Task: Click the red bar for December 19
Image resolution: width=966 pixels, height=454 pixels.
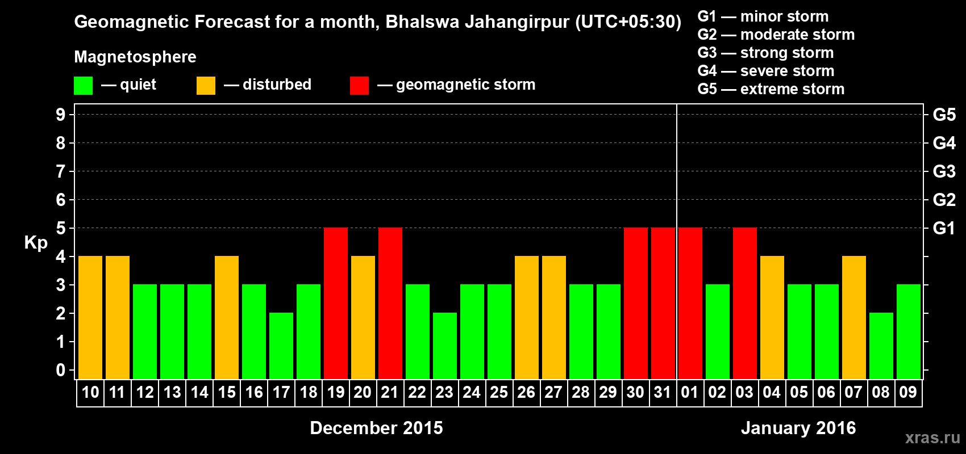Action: tap(336, 303)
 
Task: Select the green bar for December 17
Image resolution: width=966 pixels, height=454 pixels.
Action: tap(281, 346)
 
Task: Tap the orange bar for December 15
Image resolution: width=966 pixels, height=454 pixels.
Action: tap(227, 317)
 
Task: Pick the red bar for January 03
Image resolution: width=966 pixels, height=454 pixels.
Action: tap(745, 303)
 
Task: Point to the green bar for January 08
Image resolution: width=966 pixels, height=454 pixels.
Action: tap(881, 346)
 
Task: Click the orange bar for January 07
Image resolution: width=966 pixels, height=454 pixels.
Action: tap(854, 317)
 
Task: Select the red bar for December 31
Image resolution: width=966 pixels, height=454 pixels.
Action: tap(663, 303)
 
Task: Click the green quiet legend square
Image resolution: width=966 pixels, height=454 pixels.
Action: tap(83, 86)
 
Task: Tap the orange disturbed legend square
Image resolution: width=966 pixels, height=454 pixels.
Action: tap(206, 86)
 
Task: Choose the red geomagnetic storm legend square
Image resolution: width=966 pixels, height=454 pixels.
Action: tap(359, 86)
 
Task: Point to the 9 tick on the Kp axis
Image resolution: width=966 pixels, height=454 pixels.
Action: tap(61, 115)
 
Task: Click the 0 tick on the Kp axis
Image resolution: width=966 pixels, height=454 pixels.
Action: tap(61, 370)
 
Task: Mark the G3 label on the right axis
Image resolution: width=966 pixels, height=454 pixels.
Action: tap(944, 171)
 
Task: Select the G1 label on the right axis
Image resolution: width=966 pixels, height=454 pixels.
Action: tap(944, 228)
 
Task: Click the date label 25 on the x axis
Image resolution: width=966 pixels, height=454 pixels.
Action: tap(499, 392)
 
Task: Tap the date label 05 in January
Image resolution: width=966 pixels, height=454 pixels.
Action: tap(799, 392)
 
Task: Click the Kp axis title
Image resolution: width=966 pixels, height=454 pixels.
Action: tap(36, 243)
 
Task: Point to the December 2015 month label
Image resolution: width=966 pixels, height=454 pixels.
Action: tap(376, 428)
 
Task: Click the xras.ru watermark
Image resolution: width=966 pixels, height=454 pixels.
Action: tap(932, 438)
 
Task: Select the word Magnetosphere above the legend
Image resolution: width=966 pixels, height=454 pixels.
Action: tap(135, 57)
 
